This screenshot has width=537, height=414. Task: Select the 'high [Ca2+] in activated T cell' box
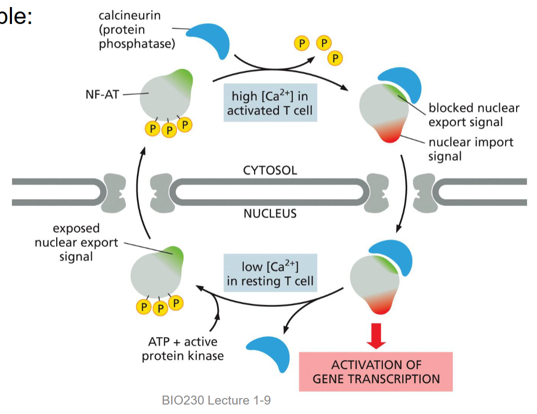[269, 102]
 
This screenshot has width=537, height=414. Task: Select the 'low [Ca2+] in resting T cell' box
[269, 273]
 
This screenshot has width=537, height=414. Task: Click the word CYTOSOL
[270, 170]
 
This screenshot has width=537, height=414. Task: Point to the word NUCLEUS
[270, 214]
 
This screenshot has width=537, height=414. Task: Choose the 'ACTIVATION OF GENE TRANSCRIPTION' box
[376, 371]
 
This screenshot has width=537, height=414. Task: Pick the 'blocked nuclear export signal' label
[473, 115]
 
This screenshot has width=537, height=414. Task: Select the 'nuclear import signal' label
[470, 149]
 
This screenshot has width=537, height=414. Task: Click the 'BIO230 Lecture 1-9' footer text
[216, 400]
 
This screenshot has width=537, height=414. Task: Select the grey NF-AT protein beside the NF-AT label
[164, 97]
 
